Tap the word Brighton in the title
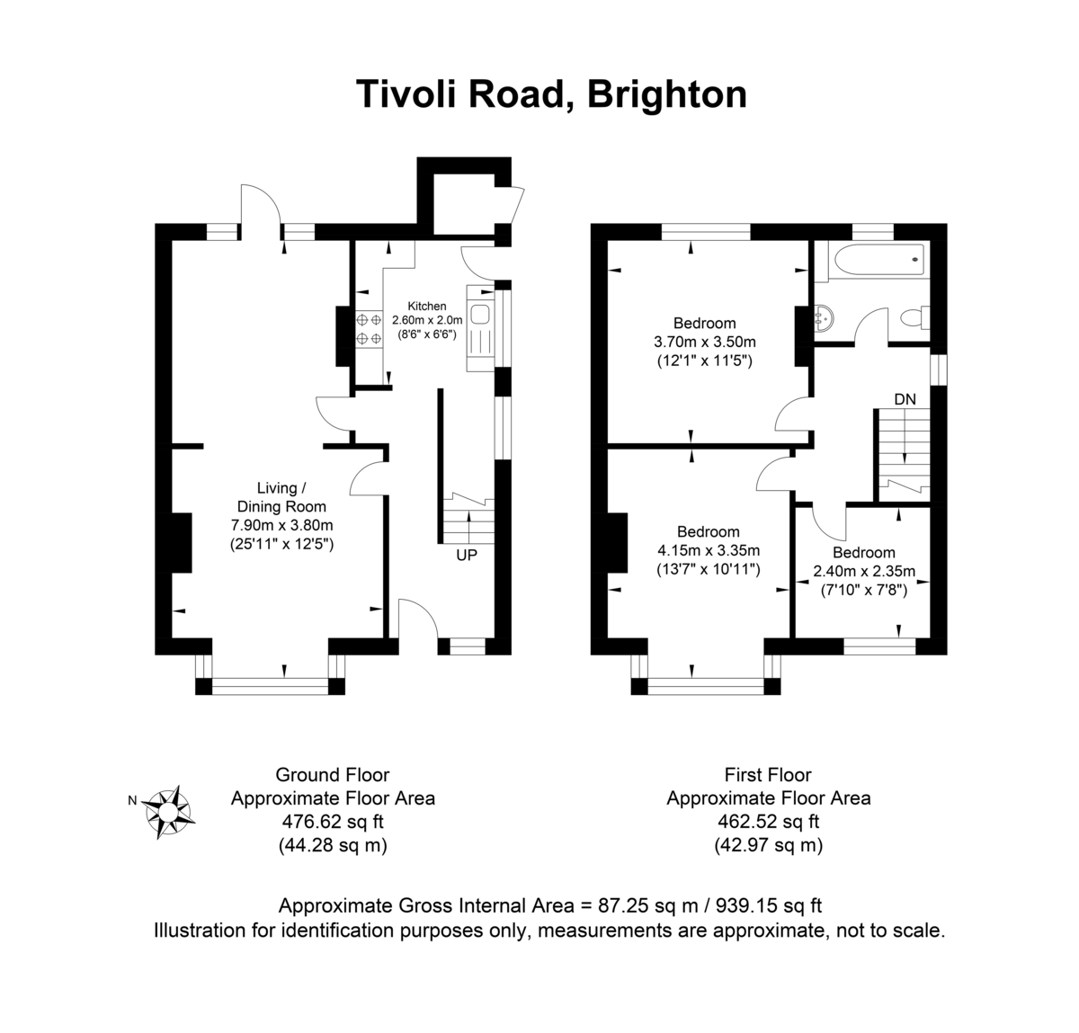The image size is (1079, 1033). coord(666,94)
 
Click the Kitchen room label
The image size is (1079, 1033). coord(427,307)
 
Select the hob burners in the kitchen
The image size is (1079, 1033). coord(369,328)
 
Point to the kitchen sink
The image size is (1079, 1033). coord(480,314)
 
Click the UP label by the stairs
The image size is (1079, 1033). coord(466,556)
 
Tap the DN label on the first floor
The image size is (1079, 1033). coord(905,399)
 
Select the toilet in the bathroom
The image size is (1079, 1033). coord(914,317)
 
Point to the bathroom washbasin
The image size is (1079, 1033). coord(824,317)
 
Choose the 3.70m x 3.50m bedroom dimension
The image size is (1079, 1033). coord(705,342)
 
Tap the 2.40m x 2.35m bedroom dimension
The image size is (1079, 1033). coord(864,571)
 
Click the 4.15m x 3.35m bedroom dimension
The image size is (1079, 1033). coord(709,550)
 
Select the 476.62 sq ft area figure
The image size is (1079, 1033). coord(333,821)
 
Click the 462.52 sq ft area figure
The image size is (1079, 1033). coord(768,821)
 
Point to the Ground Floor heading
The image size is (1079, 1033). coord(333,775)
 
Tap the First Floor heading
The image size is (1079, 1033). coord(768,775)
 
